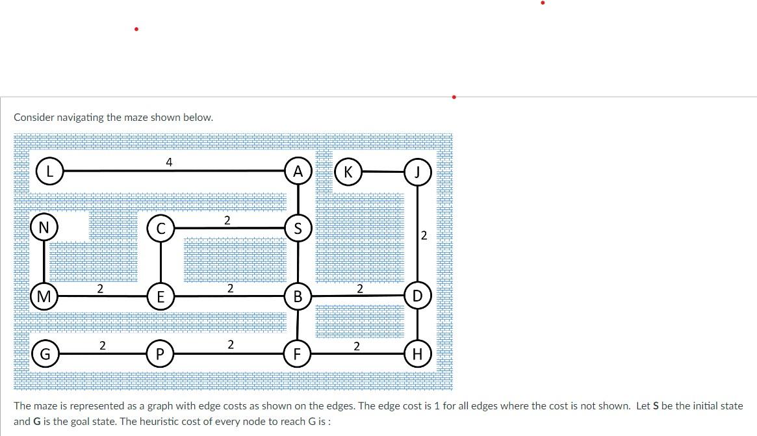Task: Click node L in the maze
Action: pyautogui.click(x=49, y=172)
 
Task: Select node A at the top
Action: pyautogui.click(x=298, y=172)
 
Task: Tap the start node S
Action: pyautogui.click(x=298, y=228)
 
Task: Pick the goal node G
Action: pyautogui.click(x=44, y=354)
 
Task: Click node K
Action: pyautogui.click(x=348, y=172)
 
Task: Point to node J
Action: pyautogui.click(x=417, y=172)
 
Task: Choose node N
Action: pyautogui.click(x=44, y=227)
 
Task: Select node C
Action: pyautogui.click(x=160, y=228)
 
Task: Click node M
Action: pyautogui.click(x=44, y=297)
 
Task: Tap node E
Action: pyautogui.click(x=160, y=297)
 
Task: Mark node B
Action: pyautogui.click(x=298, y=297)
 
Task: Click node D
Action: pyautogui.click(x=417, y=296)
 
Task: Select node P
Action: pyautogui.click(x=160, y=354)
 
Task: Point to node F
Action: pyautogui.click(x=297, y=354)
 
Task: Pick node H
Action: pyautogui.click(x=417, y=354)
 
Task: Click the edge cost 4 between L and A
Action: pyautogui.click(x=168, y=162)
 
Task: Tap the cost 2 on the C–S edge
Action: pyautogui.click(x=227, y=220)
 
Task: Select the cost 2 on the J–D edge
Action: pyautogui.click(x=424, y=235)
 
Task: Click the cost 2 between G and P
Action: pyautogui.click(x=102, y=346)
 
